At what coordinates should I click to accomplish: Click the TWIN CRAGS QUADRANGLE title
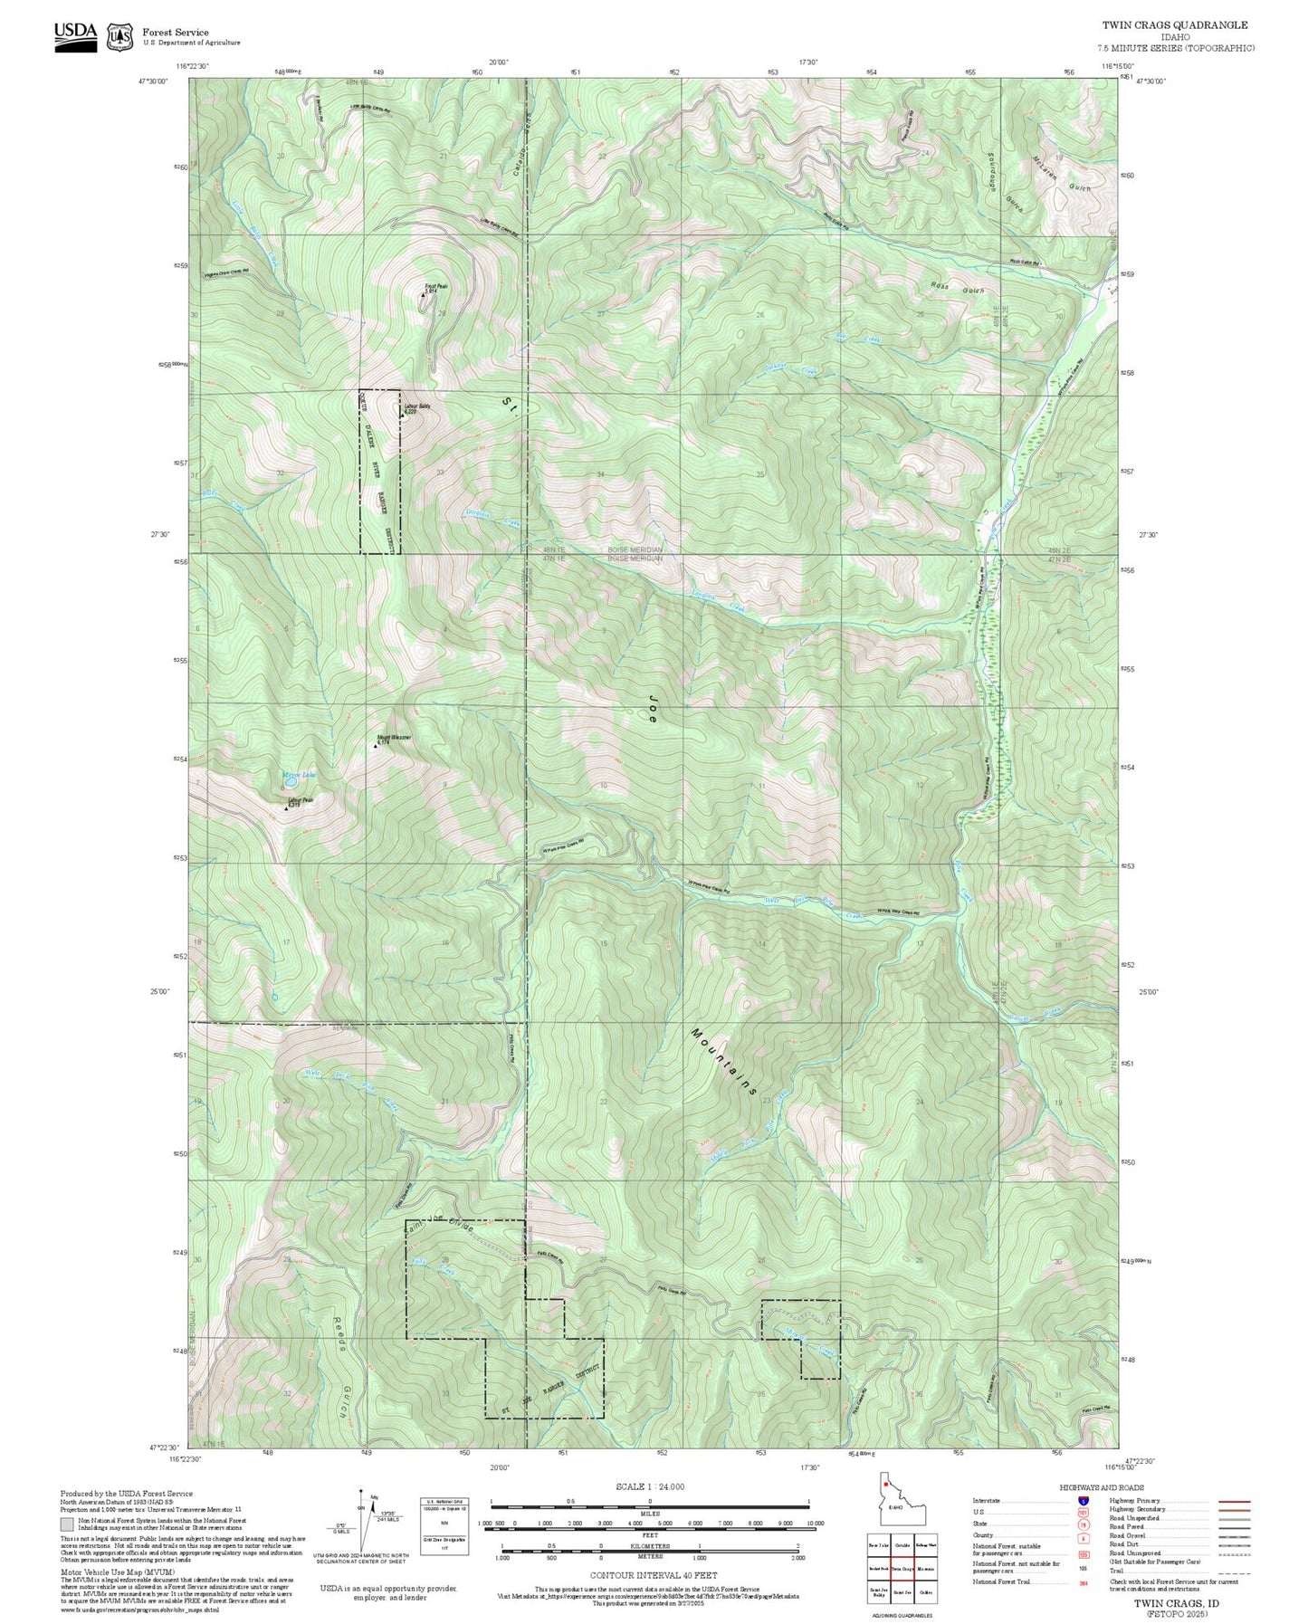point(1174,25)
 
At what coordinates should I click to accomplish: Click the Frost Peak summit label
point(435,288)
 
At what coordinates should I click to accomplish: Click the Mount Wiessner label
point(394,738)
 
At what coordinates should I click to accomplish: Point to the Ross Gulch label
point(957,286)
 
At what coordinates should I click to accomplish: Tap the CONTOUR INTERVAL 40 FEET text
point(652,1576)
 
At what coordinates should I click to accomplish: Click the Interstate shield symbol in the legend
point(1083,1500)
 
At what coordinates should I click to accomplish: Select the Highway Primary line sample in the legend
point(1234,1500)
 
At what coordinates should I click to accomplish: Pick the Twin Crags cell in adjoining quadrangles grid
point(901,1569)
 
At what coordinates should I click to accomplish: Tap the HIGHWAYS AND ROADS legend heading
point(1102,1487)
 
